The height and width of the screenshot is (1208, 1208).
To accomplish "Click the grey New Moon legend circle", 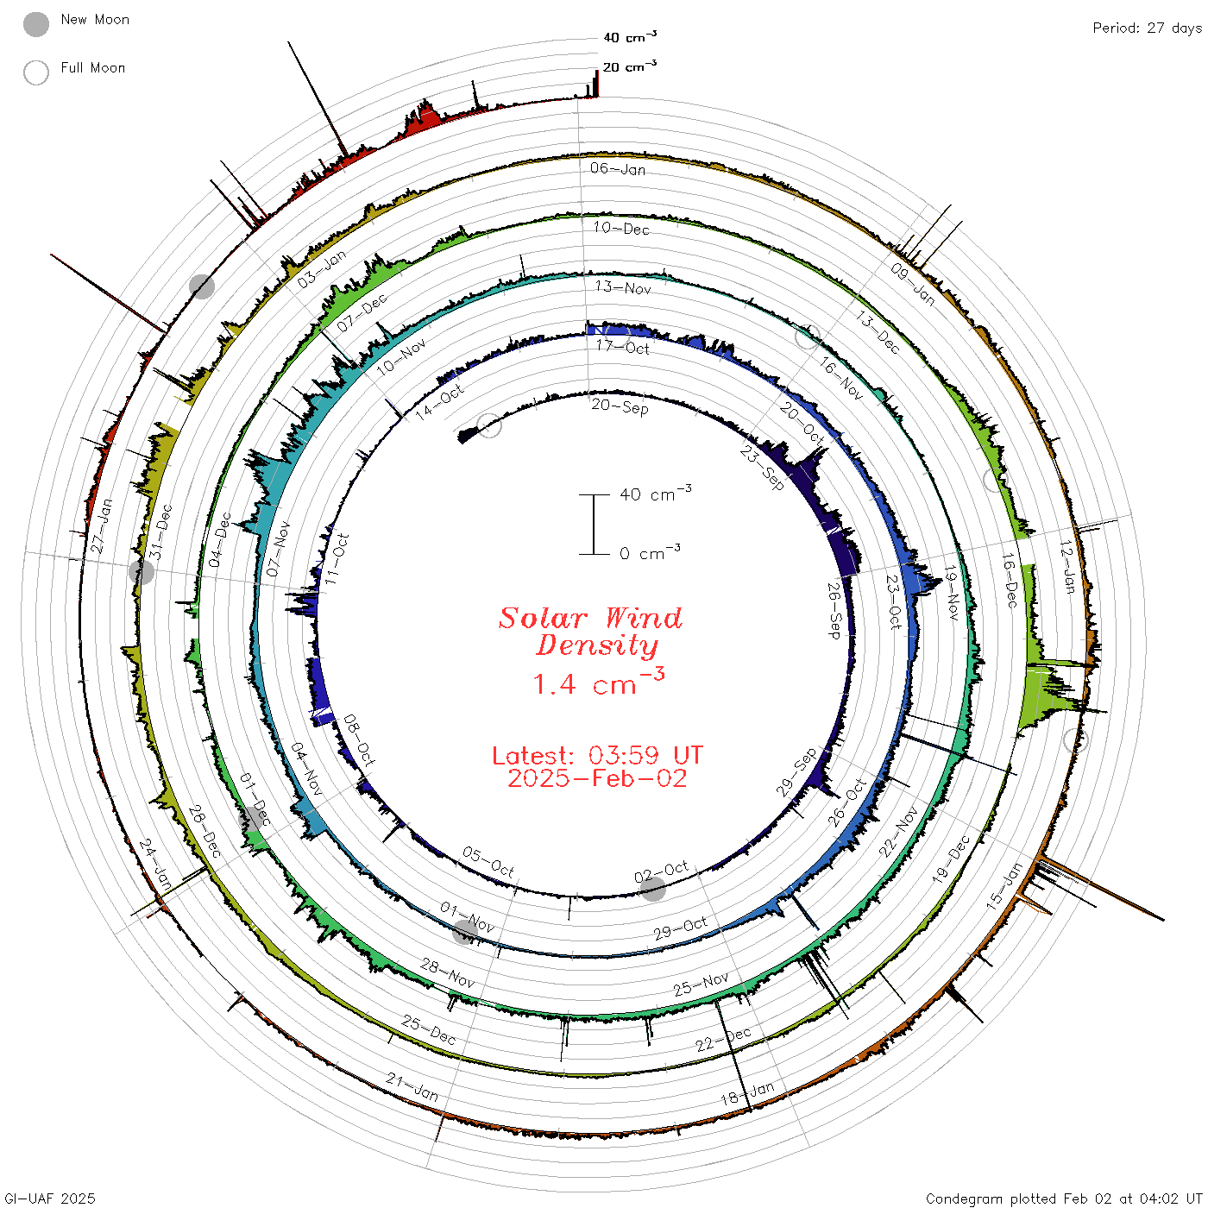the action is click(x=35, y=24).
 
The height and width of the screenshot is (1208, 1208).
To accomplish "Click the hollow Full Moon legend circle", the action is click(x=35, y=72).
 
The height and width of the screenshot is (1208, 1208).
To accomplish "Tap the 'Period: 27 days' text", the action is click(x=1147, y=28).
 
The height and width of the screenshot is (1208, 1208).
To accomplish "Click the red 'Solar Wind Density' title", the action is click(x=590, y=632).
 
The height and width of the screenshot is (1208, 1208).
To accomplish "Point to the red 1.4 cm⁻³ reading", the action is click(x=598, y=682).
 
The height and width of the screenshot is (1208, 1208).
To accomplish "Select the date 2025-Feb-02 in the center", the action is click(x=597, y=778).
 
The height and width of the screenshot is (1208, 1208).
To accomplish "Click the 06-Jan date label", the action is click(x=618, y=168).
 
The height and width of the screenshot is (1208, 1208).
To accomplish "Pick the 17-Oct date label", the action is click(x=622, y=347).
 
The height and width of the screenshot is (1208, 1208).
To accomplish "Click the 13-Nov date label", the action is click(x=622, y=287).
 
